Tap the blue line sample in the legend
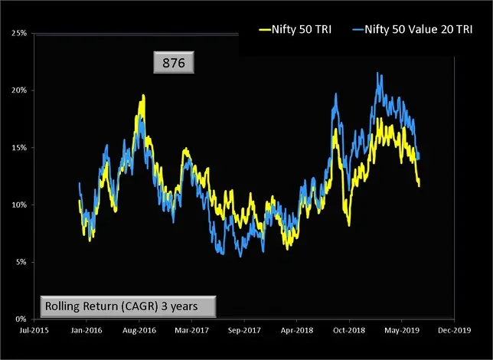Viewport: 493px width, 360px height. point(362,32)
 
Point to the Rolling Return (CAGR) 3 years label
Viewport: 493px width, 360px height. point(128,306)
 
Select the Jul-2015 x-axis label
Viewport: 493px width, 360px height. point(34,332)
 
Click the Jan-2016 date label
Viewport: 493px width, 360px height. point(86,332)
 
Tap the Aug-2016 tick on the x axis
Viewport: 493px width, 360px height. point(139,332)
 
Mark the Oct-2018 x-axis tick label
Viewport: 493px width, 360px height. point(349,332)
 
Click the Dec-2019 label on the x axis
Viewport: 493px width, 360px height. point(454,332)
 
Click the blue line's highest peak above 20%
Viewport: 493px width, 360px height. point(378,74)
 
